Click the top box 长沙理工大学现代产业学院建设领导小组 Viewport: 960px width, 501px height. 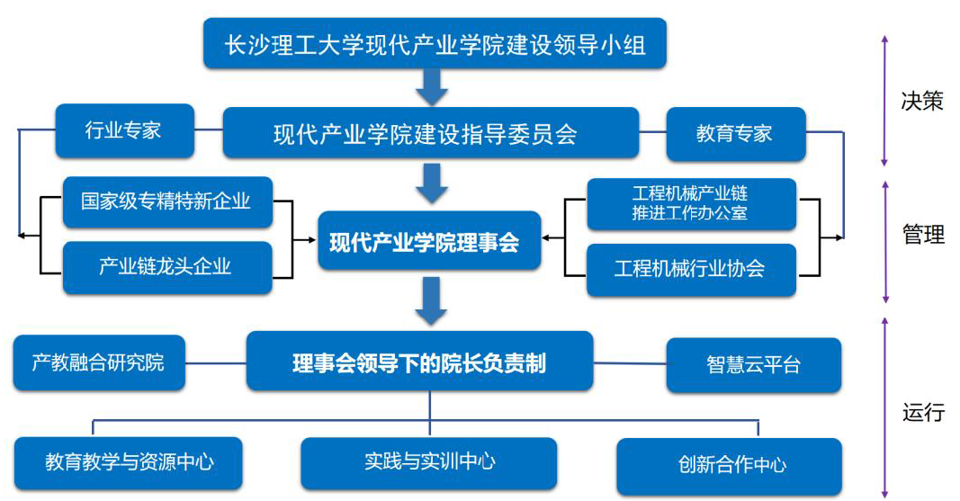[x=435, y=43]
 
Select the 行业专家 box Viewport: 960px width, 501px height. [x=125, y=130]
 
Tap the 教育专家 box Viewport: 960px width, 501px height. [x=736, y=134]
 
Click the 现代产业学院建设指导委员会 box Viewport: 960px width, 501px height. [x=430, y=133]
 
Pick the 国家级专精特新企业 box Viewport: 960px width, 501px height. [x=167, y=201]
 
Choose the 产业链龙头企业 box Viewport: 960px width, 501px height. [x=167, y=267]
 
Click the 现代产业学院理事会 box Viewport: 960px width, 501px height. [x=429, y=240]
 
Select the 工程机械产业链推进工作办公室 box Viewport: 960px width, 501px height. [x=691, y=203]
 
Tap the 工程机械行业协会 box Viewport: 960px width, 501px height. [x=691, y=270]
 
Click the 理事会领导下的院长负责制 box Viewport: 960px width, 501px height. [x=419, y=361]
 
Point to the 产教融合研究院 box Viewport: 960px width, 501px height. [x=99, y=362]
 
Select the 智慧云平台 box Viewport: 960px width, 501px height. [x=754, y=364]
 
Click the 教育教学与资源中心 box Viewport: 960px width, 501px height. [x=128, y=462]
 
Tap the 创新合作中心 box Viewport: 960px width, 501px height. [x=729, y=466]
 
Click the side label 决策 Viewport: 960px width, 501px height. [x=921, y=101]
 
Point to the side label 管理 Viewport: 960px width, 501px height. [x=922, y=234]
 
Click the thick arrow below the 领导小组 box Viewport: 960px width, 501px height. [x=432, y=87]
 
